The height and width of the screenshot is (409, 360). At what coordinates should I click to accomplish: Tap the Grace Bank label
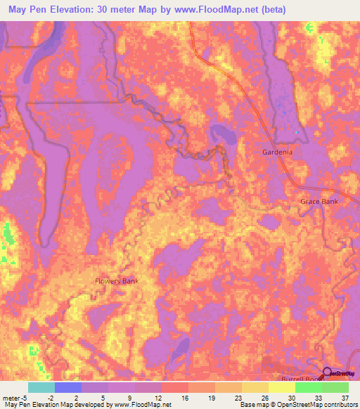[319, 202]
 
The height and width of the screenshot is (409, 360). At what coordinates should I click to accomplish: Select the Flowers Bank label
[117, 281]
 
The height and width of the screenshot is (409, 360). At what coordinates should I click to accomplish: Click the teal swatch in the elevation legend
[41, 387]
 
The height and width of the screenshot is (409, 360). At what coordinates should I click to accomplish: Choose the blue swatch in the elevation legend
[68, 387]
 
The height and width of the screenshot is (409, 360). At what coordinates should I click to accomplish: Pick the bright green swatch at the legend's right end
[335, 387]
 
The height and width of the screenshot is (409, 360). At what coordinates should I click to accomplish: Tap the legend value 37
[344, 398]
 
